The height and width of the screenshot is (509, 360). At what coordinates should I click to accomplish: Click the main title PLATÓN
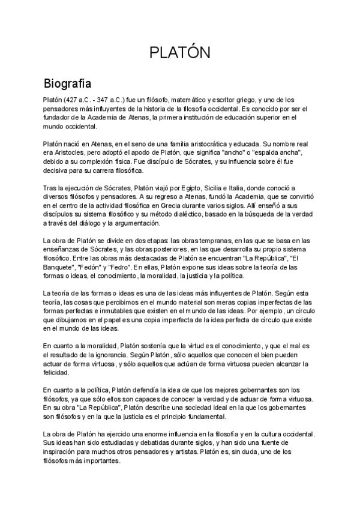179,53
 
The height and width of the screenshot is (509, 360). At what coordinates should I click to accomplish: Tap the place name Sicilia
229,188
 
